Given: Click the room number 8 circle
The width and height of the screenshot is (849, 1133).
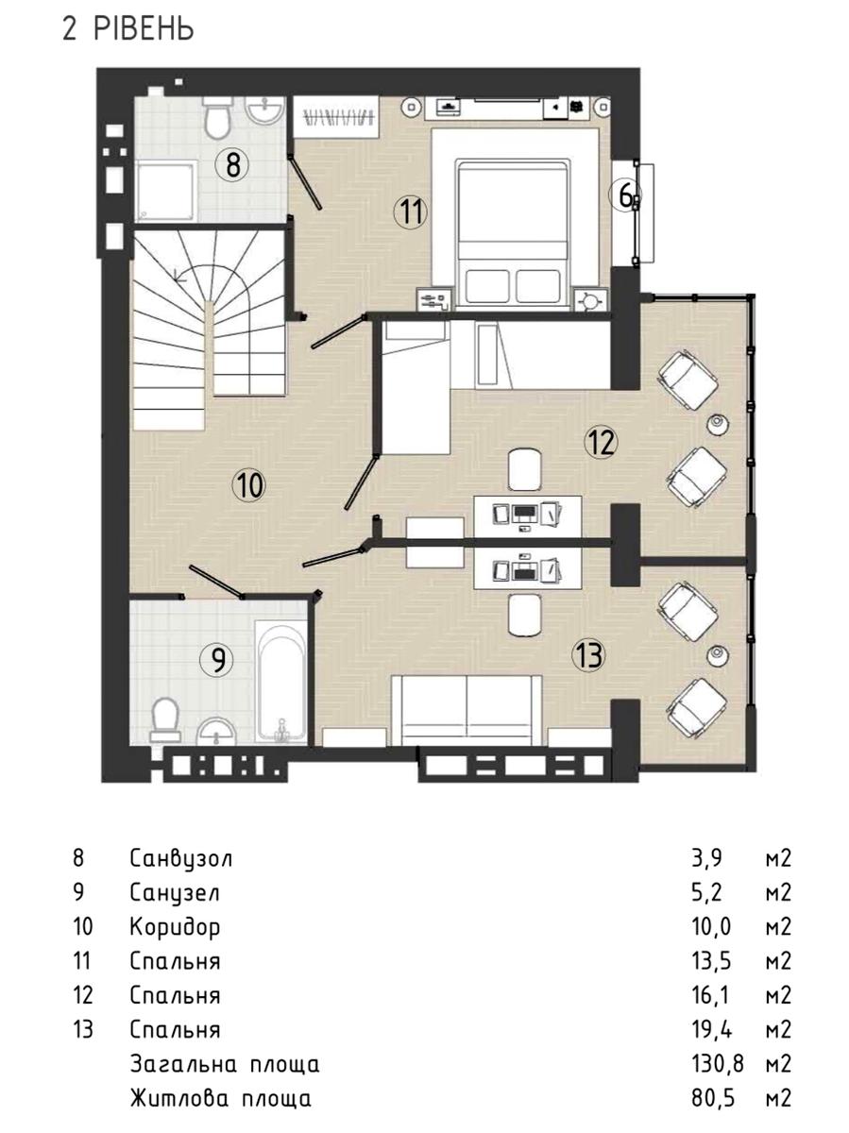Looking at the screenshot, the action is [232, 165].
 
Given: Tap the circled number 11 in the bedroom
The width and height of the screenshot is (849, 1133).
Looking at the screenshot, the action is [412, 211].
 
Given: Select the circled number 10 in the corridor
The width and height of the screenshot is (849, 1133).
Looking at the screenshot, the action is [249, 484].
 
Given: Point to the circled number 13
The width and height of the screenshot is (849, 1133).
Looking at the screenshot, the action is [588, 656].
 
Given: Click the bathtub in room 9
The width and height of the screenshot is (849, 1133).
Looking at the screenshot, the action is [280, 683].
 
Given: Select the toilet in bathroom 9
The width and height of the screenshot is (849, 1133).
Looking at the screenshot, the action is [165, 720].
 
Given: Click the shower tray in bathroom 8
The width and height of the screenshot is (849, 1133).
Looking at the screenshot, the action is [165, 191].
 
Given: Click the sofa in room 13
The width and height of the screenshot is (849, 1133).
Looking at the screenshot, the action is [467, 710].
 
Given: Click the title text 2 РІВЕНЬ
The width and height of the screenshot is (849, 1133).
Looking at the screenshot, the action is [128, 28].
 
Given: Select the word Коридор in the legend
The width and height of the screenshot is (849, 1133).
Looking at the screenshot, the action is [175, 927].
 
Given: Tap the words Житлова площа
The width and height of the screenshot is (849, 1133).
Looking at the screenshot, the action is [221, 1098].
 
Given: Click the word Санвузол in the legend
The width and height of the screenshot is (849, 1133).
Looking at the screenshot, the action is [181, 859].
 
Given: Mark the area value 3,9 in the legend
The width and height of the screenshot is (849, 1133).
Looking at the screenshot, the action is [707, 859].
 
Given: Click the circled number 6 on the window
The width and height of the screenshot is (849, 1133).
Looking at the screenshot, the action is [625, 196].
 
